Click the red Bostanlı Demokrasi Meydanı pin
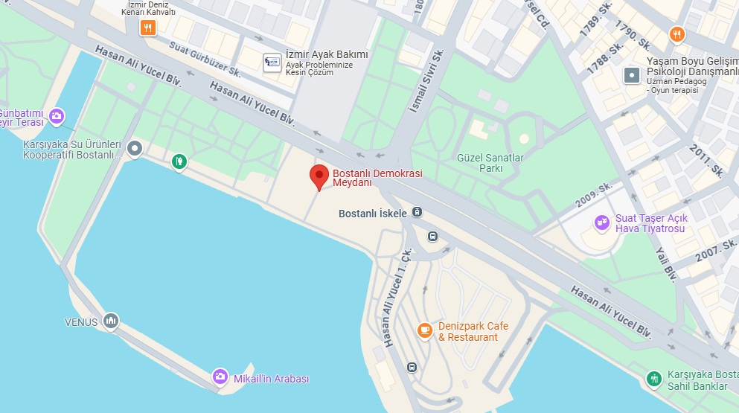(x=319, y=176)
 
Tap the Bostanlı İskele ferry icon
(x=417, y=213)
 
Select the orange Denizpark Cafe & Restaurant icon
(x=425, y=330)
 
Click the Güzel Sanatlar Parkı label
(x=481, y=163)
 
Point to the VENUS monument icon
(x=111, y=321)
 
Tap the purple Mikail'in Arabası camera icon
(x=220, y=377)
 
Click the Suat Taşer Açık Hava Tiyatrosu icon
(x=601, y=222)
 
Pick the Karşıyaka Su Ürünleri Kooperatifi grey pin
(x=135, y=149)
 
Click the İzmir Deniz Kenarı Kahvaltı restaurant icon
(x=148, y=28)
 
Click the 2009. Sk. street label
(x=594, y=196)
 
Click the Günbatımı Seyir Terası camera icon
(x=57, y=115)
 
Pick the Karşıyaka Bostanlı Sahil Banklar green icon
(x=654, y=379)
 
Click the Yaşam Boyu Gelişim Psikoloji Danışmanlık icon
(x=632, y=74)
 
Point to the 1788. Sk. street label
(x=604, y=57)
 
